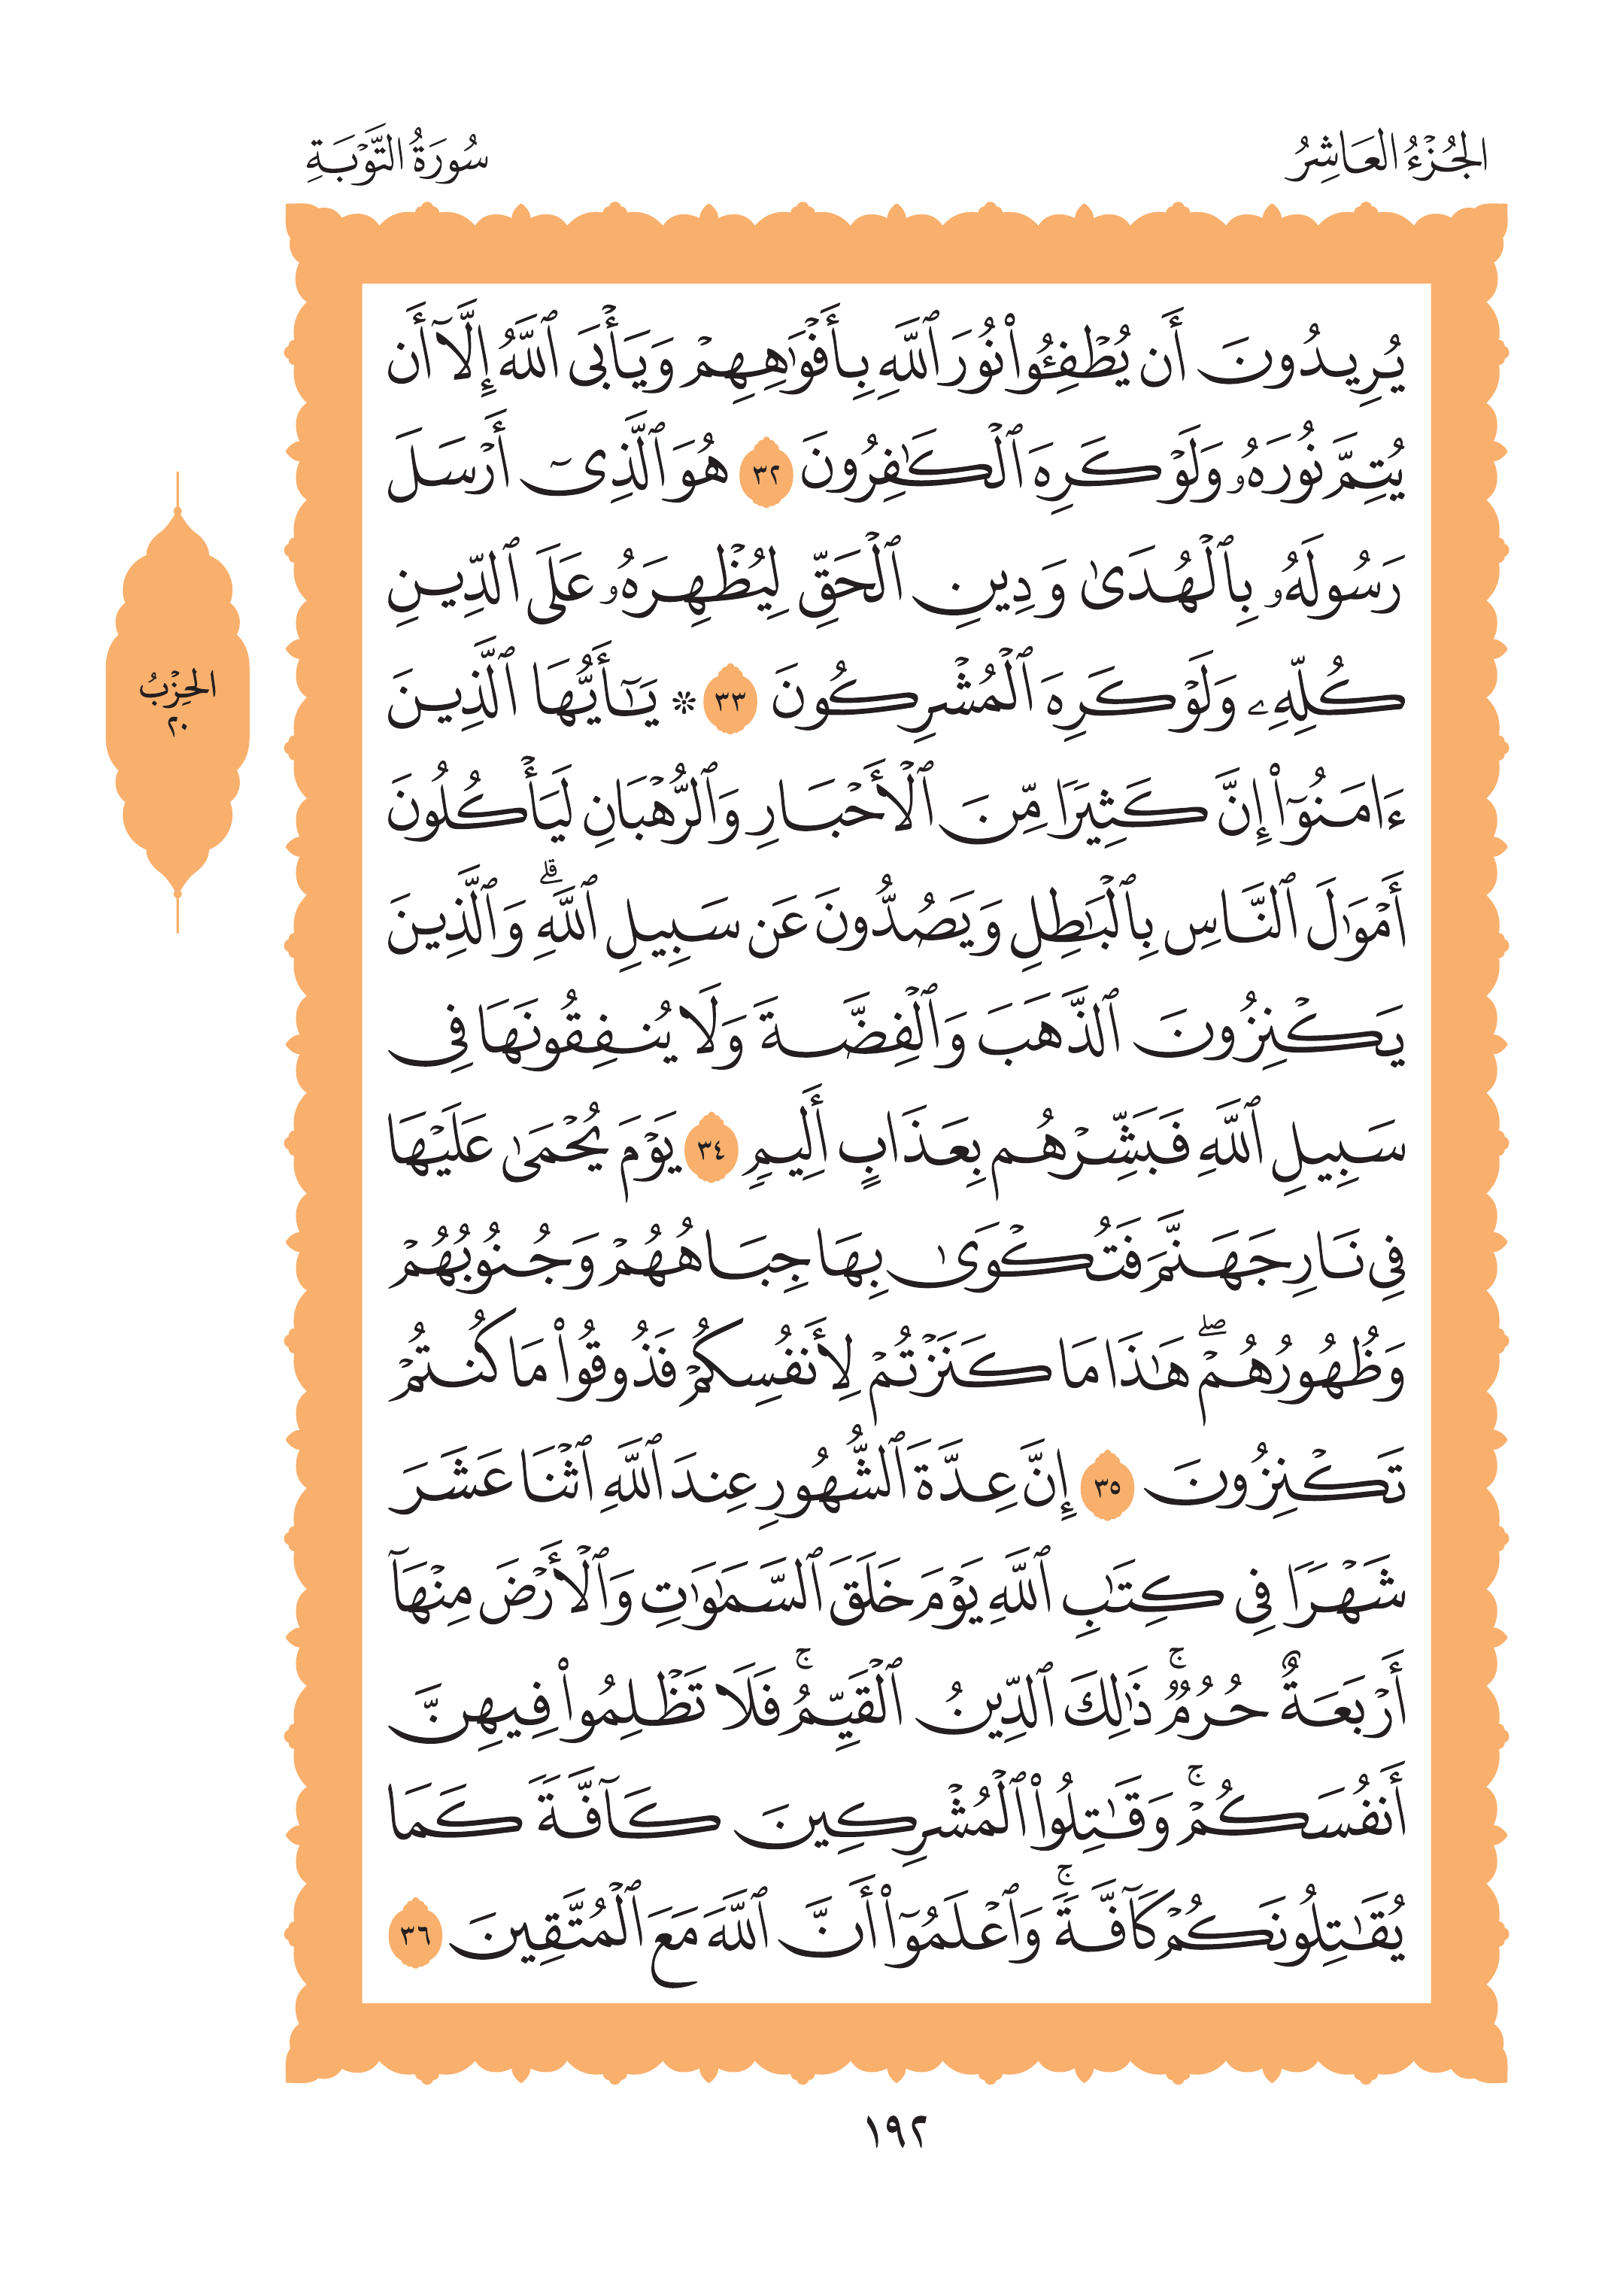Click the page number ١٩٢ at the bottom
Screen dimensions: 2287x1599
pyautogui.click(x=895, y=2133)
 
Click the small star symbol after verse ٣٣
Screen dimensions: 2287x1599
pyautogui.click(x=683, y=701)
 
